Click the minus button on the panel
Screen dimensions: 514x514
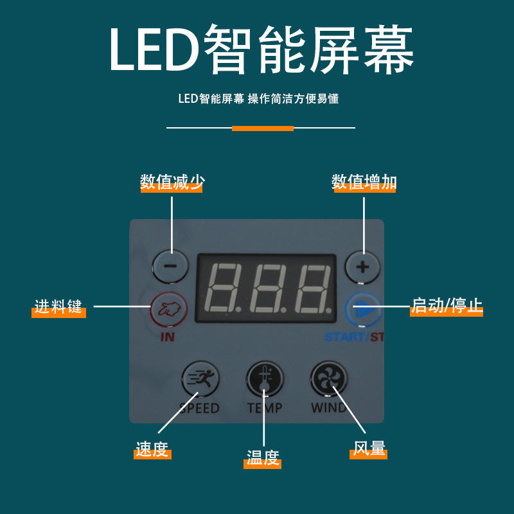pos(170,266)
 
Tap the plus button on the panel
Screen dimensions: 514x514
pos(362,267)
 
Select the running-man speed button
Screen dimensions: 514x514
pos(200,379)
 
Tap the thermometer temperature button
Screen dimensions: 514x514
pos(265,379)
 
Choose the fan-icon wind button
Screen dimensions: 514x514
pos(329,379)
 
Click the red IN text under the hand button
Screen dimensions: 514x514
pos(168,337)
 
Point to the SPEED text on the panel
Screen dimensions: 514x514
pos(200,408)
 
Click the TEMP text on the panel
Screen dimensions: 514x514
pos(265,408)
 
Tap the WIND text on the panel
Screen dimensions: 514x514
pos(329,408)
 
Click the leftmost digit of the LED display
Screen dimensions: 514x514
pos(222,287)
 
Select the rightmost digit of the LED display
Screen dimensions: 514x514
pos(314,287)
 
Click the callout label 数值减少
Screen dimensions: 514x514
pos(172,182)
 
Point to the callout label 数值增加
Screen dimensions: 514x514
pos(364,182)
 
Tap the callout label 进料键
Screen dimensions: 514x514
pos(58,306)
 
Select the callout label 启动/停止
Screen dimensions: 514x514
pos(447,306)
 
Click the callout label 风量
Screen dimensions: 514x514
pos(369,448)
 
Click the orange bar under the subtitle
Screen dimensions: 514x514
pos(263,128)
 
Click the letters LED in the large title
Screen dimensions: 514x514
pos(154,49)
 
